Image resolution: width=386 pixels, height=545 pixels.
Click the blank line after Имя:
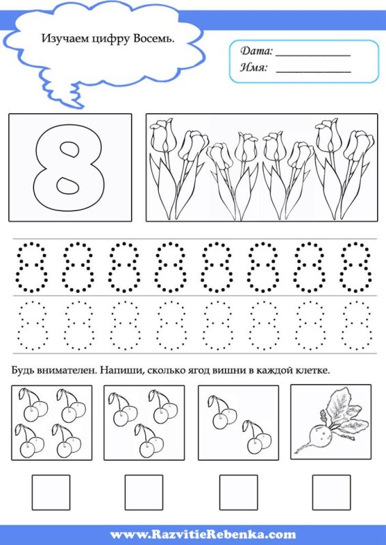(x=313, y=72)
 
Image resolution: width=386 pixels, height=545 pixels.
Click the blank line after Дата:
(x=313, y=55)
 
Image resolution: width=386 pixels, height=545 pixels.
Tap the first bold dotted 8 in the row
(x=31, y=267)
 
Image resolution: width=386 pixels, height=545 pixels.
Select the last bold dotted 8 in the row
(x=356, y=267)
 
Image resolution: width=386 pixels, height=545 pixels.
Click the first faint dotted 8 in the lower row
(x=32, y=325)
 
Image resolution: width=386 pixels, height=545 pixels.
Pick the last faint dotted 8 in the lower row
(x=357, y=325)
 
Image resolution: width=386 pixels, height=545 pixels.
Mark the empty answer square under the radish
(x=331, y=493)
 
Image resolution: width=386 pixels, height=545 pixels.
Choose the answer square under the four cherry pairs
(x=51, y=493)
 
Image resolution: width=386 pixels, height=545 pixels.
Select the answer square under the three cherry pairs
(x=144, y=493)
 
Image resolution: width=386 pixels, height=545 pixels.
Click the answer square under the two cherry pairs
(x=239, y=493)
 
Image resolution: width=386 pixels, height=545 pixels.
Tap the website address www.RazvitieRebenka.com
(x=203, y=534)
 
